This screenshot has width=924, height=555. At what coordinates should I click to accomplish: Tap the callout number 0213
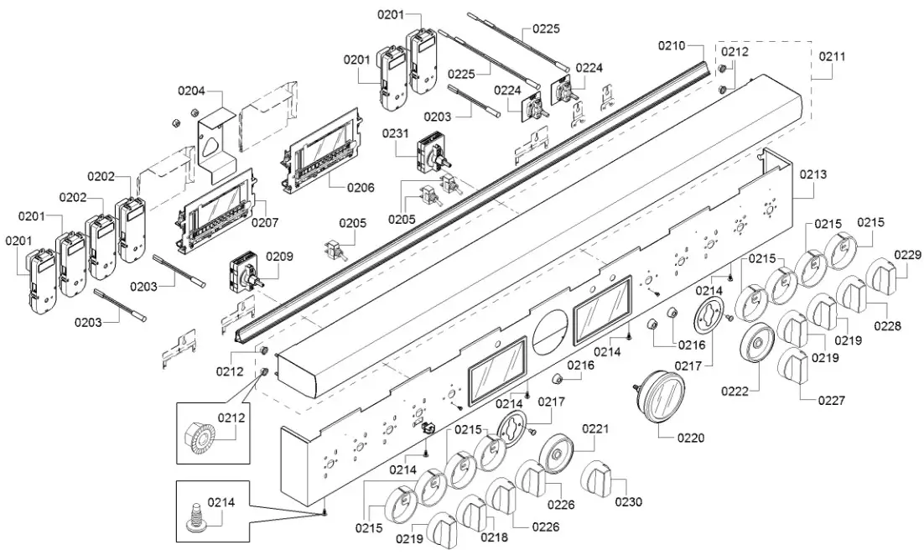tap(812, 174)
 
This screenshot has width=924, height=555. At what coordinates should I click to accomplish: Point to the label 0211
tap(833, 57)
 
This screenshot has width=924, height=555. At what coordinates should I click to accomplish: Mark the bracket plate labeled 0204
tap(215, 136)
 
